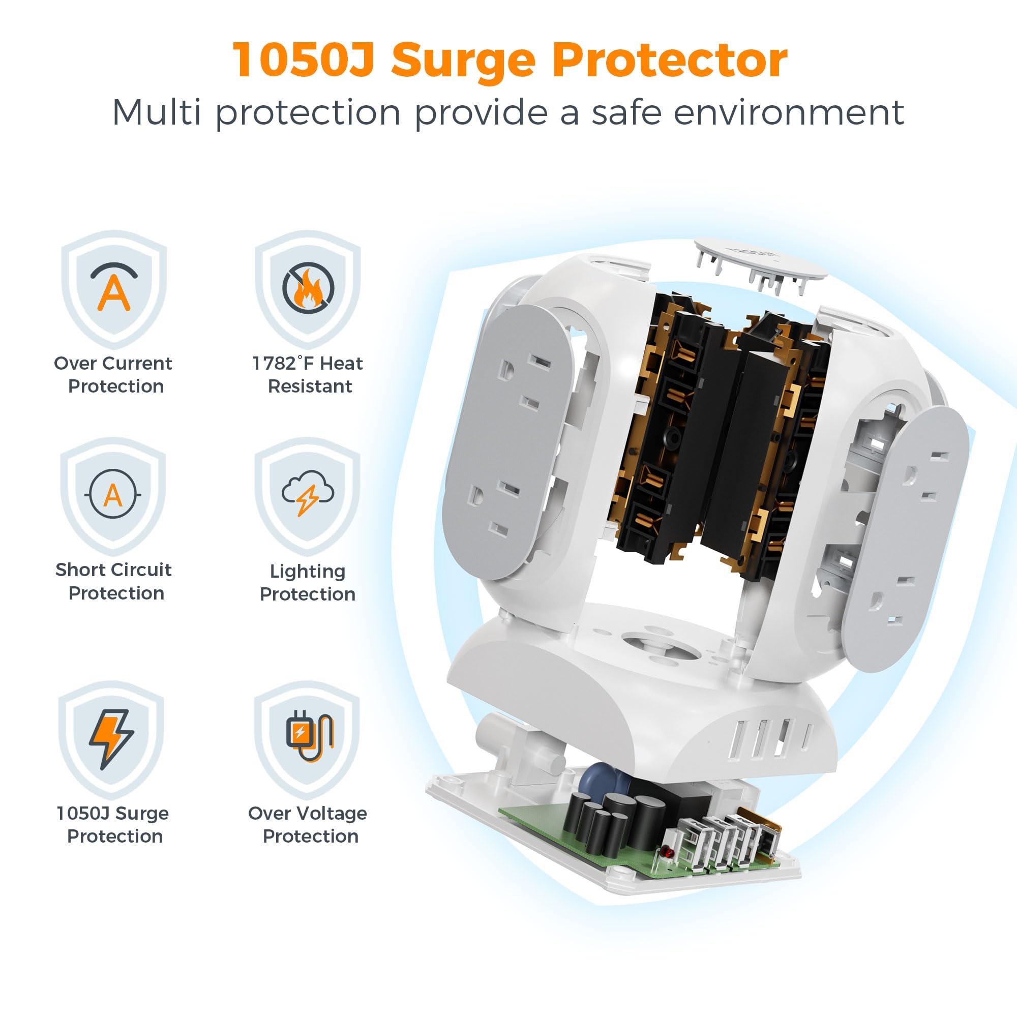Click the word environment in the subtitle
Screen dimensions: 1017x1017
click(x=789, y=111)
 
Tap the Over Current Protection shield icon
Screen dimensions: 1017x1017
click(x=114, y=289)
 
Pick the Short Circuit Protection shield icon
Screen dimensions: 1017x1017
click(x=114, y=496)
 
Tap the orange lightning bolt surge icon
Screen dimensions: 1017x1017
click(x=111, y=739)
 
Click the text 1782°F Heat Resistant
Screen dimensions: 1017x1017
click(x=308, y=375)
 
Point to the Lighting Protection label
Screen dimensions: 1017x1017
click(x=308, y=582)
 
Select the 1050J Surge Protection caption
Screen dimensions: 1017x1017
click(x=113, y=825)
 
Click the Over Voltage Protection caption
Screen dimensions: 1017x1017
click(x=308, y=825)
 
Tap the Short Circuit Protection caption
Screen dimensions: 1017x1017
click(x=114, y=581)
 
